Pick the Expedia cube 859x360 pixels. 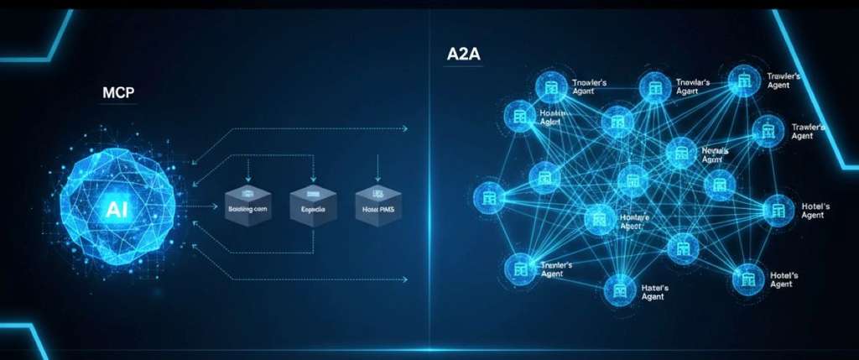[x=312, y=207]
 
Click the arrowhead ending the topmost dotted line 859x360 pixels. [x=405, y=128]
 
